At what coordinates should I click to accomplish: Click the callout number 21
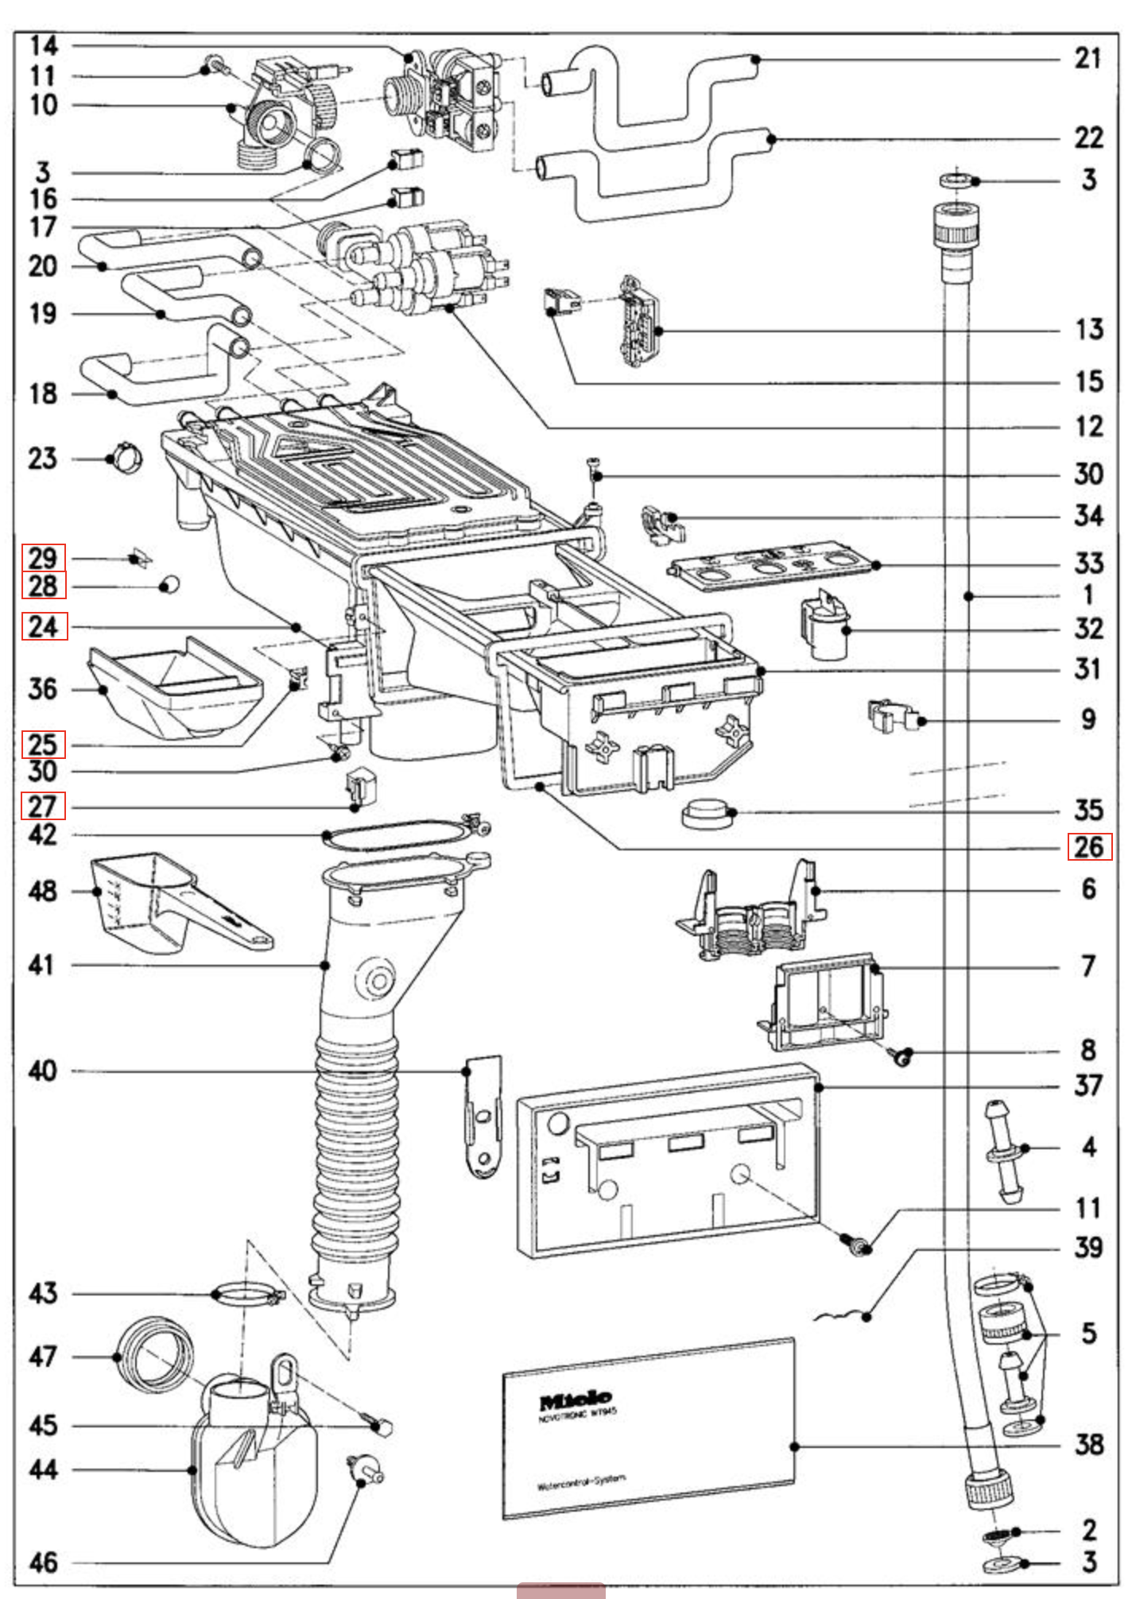point(1087,58)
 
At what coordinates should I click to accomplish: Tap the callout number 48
point(43,891)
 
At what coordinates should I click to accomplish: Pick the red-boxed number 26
point(1088,847)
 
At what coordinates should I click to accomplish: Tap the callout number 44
point(43,1469)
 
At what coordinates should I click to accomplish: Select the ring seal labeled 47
point(155,1355)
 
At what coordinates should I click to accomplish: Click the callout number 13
point(1088,329)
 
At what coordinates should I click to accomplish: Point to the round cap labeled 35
point(706,815)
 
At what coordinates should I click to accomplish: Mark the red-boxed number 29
point(43,558)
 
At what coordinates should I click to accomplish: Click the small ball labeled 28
point(169,585)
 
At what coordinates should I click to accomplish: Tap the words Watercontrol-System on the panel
point(581,1482)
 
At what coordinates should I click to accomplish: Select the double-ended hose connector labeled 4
point(1005,1150)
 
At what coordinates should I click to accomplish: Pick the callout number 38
point(1088,1444)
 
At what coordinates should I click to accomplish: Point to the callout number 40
point(43,1071)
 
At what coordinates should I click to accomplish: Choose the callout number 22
point(1088,137)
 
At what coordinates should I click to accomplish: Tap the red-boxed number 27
point(43,807)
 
